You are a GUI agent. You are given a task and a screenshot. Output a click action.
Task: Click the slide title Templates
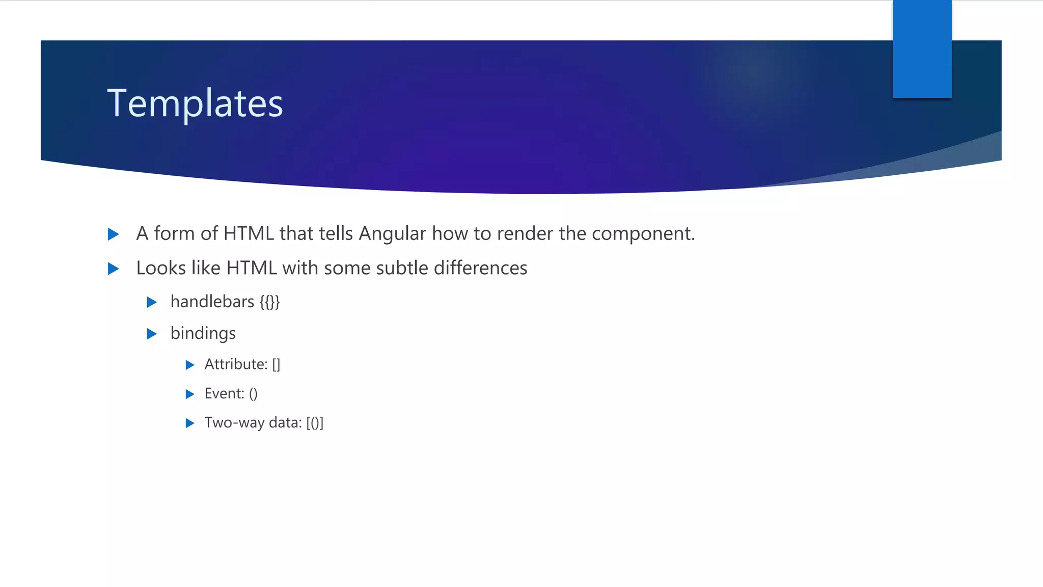(x=195, y=103)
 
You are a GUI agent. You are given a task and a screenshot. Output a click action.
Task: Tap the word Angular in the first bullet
(x=392, y=234)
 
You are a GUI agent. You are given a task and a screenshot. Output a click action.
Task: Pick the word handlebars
(x=212, y=302)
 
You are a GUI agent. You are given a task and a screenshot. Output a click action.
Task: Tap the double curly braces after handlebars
(x=269, y=302)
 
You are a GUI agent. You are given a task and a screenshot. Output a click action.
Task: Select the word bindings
(x=203, y=334)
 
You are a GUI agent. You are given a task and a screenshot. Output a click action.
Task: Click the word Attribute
(x=236, y=364)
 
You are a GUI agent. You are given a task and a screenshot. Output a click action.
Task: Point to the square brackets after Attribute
(x=276, y=365)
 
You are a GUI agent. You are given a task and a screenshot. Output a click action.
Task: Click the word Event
(x=224, y=393)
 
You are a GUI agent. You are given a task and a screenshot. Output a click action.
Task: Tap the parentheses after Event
(x=253, y=394)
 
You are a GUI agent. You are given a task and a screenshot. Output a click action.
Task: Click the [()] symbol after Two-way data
(x=315, y=423)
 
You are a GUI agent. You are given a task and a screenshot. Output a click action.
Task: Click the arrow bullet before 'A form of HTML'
(x=114, y=234)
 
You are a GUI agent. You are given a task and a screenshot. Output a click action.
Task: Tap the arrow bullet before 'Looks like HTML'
(x=114, y=269)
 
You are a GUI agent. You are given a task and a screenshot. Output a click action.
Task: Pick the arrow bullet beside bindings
(x=151, y=334)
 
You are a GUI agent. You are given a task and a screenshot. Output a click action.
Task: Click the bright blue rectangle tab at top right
(x=922, y=49)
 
